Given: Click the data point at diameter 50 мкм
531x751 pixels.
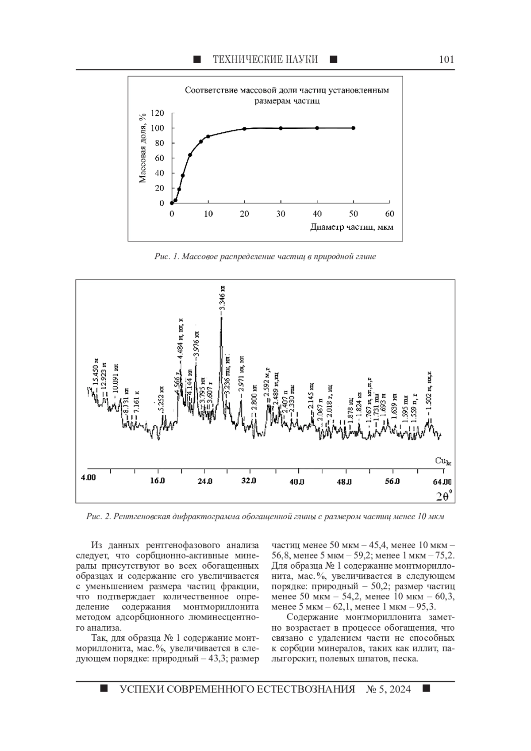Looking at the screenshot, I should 354,128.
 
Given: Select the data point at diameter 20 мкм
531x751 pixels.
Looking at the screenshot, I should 244,129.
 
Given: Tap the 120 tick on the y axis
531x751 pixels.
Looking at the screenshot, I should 158,113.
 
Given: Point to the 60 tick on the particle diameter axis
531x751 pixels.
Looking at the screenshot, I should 389,214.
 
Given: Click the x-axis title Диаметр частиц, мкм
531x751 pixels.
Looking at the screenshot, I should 352,227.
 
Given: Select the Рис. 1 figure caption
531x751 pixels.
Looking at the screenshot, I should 265,257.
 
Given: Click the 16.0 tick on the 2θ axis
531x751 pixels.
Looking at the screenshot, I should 157,481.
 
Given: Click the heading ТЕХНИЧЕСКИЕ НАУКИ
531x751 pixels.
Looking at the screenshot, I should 265,60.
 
